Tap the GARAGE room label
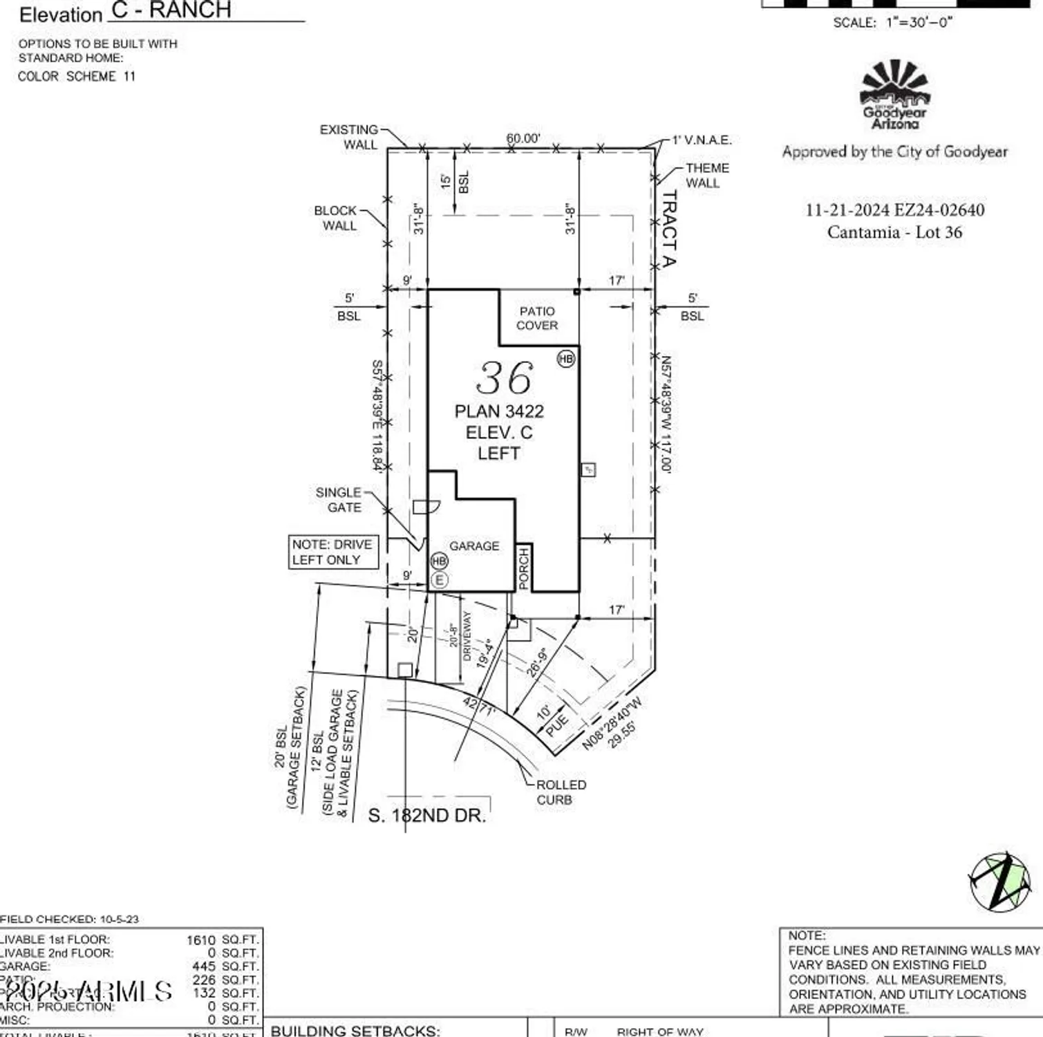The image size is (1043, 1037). [x=474, y=546]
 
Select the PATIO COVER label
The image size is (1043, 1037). [x=537, y=319]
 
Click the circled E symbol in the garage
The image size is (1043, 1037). [x=440, y=581]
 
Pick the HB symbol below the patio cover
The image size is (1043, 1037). [x=566, y=358]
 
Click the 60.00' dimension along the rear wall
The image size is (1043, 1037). [x=523, y=138]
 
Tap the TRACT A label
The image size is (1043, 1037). [x=669, y=229]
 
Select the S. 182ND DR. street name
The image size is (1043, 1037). [x=427, y=816]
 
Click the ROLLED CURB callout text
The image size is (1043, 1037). [x=561, y=792]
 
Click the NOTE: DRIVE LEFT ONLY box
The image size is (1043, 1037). [x=333, y=552]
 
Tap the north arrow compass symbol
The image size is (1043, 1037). [x=1000, y=882]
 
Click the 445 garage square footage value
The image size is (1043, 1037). [x=205, y=966]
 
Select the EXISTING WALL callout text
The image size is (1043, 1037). [x=350, y=137]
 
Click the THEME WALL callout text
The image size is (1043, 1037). [x=706, y=176]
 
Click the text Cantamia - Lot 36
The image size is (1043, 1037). [x=894, y=232]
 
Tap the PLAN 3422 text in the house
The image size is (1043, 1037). [x=499, y=411]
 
